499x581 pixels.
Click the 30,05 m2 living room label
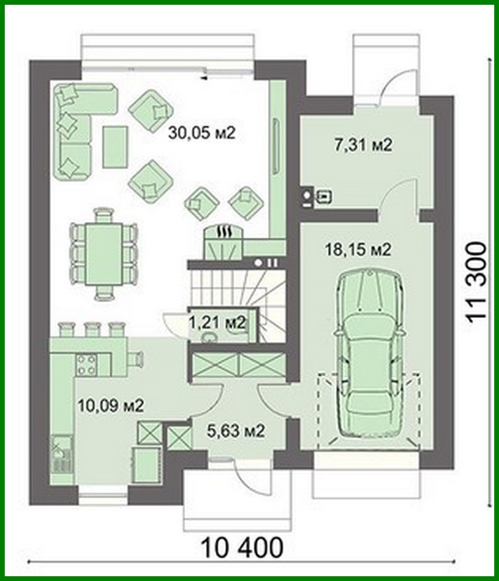tap(201, 133)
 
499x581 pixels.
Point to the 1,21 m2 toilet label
tap(217, 322)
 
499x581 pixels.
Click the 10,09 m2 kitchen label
tap(111, 406)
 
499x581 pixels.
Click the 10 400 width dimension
tap(242, 547)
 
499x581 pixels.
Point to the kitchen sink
tap(59, 452)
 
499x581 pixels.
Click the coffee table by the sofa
tap(115, 146)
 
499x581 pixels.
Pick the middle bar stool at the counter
tap(92, 330)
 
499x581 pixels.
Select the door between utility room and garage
tap(398, 196)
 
